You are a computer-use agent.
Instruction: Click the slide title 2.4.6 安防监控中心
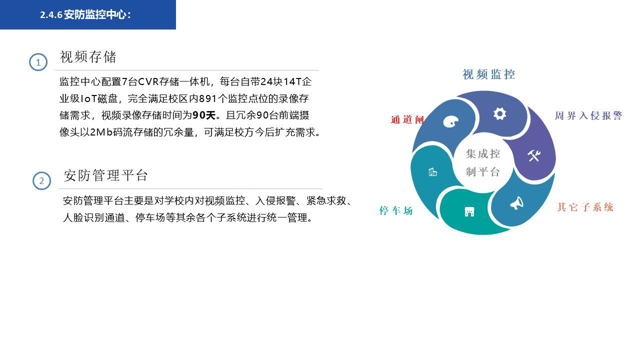85,15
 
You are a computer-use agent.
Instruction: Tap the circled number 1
38,62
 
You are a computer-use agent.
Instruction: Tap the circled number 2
41,181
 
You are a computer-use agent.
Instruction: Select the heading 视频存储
88,57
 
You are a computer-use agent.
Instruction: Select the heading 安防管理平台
105,175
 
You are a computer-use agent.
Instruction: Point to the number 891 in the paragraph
209,98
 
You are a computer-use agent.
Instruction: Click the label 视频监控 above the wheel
488,74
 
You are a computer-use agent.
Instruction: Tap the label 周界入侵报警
588,116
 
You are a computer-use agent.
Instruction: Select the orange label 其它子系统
585,207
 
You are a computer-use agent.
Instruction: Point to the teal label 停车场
396,211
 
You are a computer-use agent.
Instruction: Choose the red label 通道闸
407,120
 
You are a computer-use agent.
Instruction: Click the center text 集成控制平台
483,162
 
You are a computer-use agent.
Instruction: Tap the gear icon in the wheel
499,114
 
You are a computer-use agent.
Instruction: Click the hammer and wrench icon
534,155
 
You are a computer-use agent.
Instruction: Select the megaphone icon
516,203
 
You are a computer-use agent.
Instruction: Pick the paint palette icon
450,121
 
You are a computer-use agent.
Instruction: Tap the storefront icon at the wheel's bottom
469,211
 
